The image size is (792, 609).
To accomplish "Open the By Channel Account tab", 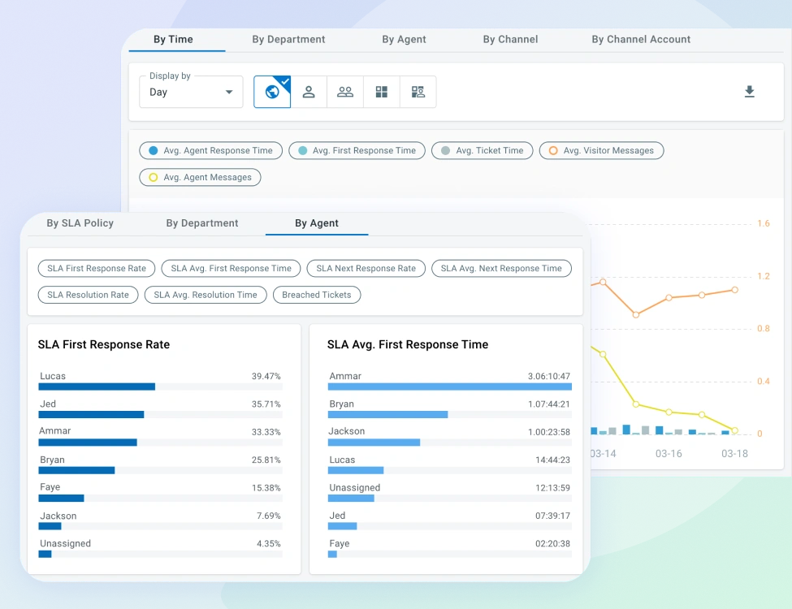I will [x=641, y=39].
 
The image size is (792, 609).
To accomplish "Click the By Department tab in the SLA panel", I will [x=202, y=223].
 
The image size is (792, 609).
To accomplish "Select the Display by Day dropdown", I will [x=191, y=92].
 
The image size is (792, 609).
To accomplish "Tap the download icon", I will [x=750, y=92].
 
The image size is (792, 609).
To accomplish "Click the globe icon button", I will [x=272, y=92].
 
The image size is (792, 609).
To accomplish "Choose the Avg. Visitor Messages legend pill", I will [x=601, y=150].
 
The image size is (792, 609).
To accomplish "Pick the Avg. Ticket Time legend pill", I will [x=483, y=150].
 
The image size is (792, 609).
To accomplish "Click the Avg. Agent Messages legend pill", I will [x=200, y=177].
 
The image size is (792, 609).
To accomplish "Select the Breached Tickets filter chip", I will [x=316, y=295].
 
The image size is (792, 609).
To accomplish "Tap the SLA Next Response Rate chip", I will [x=366, y=268].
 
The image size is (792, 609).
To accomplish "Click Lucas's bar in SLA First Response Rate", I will [x=97, y=387].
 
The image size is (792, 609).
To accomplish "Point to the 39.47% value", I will [x=266, y=377].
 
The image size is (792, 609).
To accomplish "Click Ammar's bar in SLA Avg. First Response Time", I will [x=449, y=387].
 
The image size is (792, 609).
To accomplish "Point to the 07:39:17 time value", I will [x=553, y=516].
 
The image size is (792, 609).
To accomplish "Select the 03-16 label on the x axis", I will [x=669, y=454].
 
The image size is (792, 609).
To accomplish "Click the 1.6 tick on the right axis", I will [x=763, y=224].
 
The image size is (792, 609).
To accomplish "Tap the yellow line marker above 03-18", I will [x=734, y=430].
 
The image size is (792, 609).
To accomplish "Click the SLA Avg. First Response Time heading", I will [x=408, y=344].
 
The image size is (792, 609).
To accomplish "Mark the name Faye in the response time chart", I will [x=340, y=543].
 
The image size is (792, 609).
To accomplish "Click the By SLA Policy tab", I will [x=80, y=223].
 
